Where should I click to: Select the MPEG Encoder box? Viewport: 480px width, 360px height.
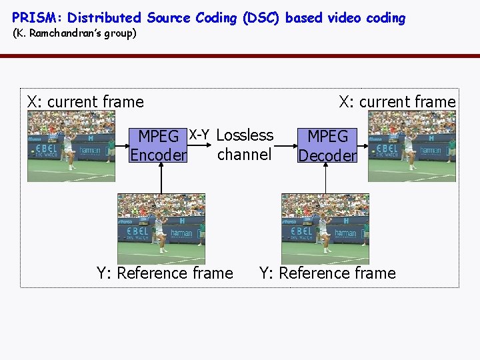[x=158, y=145]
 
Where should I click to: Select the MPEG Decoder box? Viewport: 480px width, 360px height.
[x=327, y=145]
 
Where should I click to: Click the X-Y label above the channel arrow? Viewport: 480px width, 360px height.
[x=199, y=135]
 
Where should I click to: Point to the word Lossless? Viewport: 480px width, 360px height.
[x=245, y=135]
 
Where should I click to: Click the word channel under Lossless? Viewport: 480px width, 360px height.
[x=244, y=155]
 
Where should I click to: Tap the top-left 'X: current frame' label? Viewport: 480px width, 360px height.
[x=85, y=102]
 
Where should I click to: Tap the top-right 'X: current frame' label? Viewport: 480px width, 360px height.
[x=397, y=102]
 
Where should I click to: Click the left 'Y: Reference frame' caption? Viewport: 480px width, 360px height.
[x=165, y=273]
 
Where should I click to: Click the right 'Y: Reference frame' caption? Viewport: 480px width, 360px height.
[x=327, y=273]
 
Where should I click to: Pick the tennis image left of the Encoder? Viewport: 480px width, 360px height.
[x=71, y=147]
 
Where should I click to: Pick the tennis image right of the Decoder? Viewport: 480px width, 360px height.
[x=411, y=147]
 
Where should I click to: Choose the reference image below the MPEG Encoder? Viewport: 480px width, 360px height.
[x=161, y=228]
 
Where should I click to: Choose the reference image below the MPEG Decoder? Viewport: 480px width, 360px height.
[x=325, y=228]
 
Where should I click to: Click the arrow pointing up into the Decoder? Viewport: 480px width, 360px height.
[x=325, y=179]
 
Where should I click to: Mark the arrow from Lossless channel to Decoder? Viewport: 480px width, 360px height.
[x=285, y=145]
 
